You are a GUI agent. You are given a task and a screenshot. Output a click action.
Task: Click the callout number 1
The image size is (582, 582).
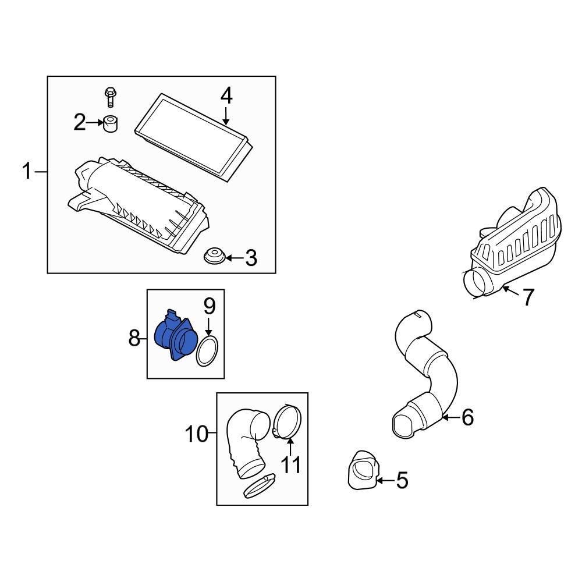pyautogui.click(x=27, y=172)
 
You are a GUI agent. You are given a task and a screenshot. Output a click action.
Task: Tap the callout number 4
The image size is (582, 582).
pyautogui.click(x=226, y=95)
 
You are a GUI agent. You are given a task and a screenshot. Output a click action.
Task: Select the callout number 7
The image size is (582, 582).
pyautogui.click(x=527, y=297)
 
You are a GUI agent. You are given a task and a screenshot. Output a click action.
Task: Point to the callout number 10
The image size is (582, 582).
pyautogui.click(x=197, y=434)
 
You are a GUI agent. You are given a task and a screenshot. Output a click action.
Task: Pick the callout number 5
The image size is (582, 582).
pyautogui.click(x=402, y=480)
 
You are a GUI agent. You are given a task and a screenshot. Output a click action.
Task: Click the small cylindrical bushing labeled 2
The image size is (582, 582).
pyautogui.click(x=110, y=124)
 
